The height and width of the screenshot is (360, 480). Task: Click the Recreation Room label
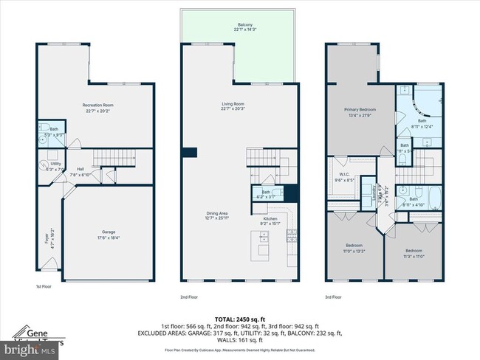pos(96,108)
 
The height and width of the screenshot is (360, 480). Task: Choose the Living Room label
pos(233,107)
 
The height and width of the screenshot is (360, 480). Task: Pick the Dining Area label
pos(218,215)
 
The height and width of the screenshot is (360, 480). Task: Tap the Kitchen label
pos(270,222)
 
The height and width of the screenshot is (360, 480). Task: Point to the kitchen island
pos(262,244)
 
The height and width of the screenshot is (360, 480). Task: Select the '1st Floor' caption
pos(44,286)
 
